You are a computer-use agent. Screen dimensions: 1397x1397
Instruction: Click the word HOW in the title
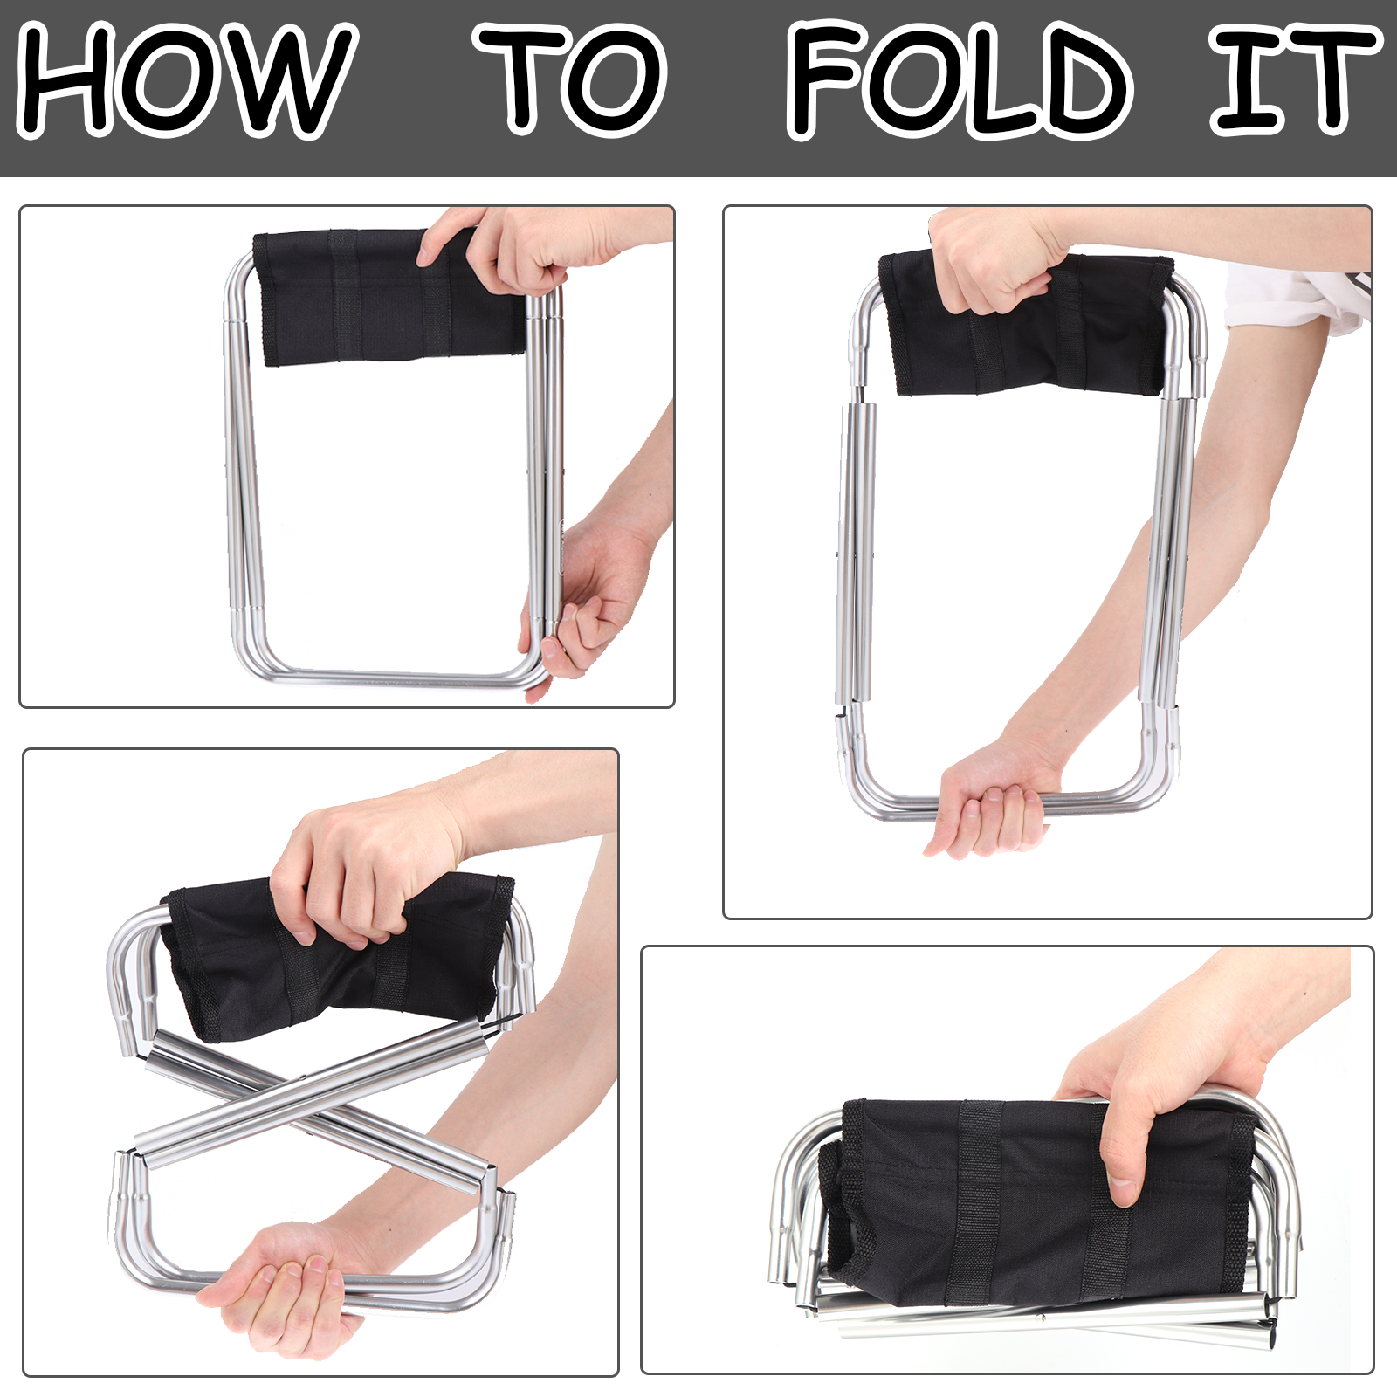tap(187, 80)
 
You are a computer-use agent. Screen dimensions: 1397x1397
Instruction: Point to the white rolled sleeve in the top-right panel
tap(1297, 297)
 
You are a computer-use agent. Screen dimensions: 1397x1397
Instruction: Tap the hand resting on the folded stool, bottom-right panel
tap(1170, 1100)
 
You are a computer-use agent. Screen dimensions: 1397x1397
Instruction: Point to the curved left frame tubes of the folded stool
tap(795, 1187)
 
